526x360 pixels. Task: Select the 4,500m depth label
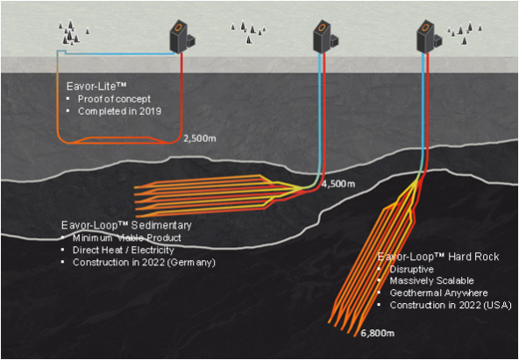pos(338,184)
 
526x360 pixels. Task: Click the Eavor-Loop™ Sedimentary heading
pos(126,225)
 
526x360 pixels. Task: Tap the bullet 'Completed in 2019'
pos(120,111)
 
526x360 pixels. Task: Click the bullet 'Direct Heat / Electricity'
pos(124,251)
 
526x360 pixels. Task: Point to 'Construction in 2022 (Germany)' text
pos(144,263)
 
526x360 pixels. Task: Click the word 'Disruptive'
pos(413,269)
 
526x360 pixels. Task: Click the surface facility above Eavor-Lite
pos(182,37)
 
